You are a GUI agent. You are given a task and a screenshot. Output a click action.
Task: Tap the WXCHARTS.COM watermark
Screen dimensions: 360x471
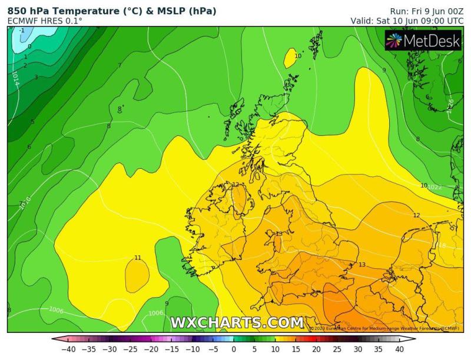pos(237,322)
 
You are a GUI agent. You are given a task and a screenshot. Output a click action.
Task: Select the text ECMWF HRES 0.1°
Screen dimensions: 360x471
pos(45,21)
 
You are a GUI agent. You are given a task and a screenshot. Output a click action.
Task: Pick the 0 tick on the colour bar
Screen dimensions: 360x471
pos(234,349)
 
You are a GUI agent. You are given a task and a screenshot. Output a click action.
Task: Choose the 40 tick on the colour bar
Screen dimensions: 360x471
pos(399,349)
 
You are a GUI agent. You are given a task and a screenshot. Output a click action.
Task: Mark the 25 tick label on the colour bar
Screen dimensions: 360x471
pos(337,349)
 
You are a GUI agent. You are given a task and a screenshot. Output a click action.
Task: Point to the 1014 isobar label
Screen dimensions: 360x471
pos(15,79)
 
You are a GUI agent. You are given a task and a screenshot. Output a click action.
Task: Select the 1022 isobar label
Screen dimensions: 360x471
pos(434,187)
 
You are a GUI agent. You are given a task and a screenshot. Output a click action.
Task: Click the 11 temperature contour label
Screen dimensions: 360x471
pos(138,258)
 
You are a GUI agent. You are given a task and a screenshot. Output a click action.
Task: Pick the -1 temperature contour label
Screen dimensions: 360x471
pos(21,31)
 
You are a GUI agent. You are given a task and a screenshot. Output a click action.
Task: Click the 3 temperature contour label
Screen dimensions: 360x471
pos(35,77)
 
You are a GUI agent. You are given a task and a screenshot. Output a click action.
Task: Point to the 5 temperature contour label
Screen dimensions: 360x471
pos(32,122)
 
